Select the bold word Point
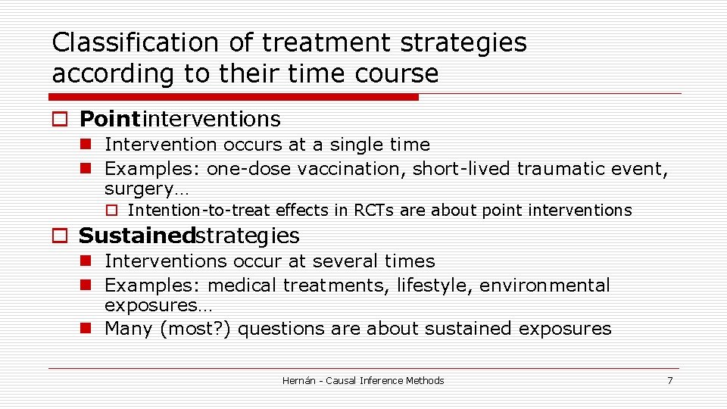[x=110, y=119]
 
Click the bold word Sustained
[x=136, y=236]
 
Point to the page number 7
[x=669, y=380]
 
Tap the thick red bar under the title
[x=233, y=97]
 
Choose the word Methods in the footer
[x=424, y=380]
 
